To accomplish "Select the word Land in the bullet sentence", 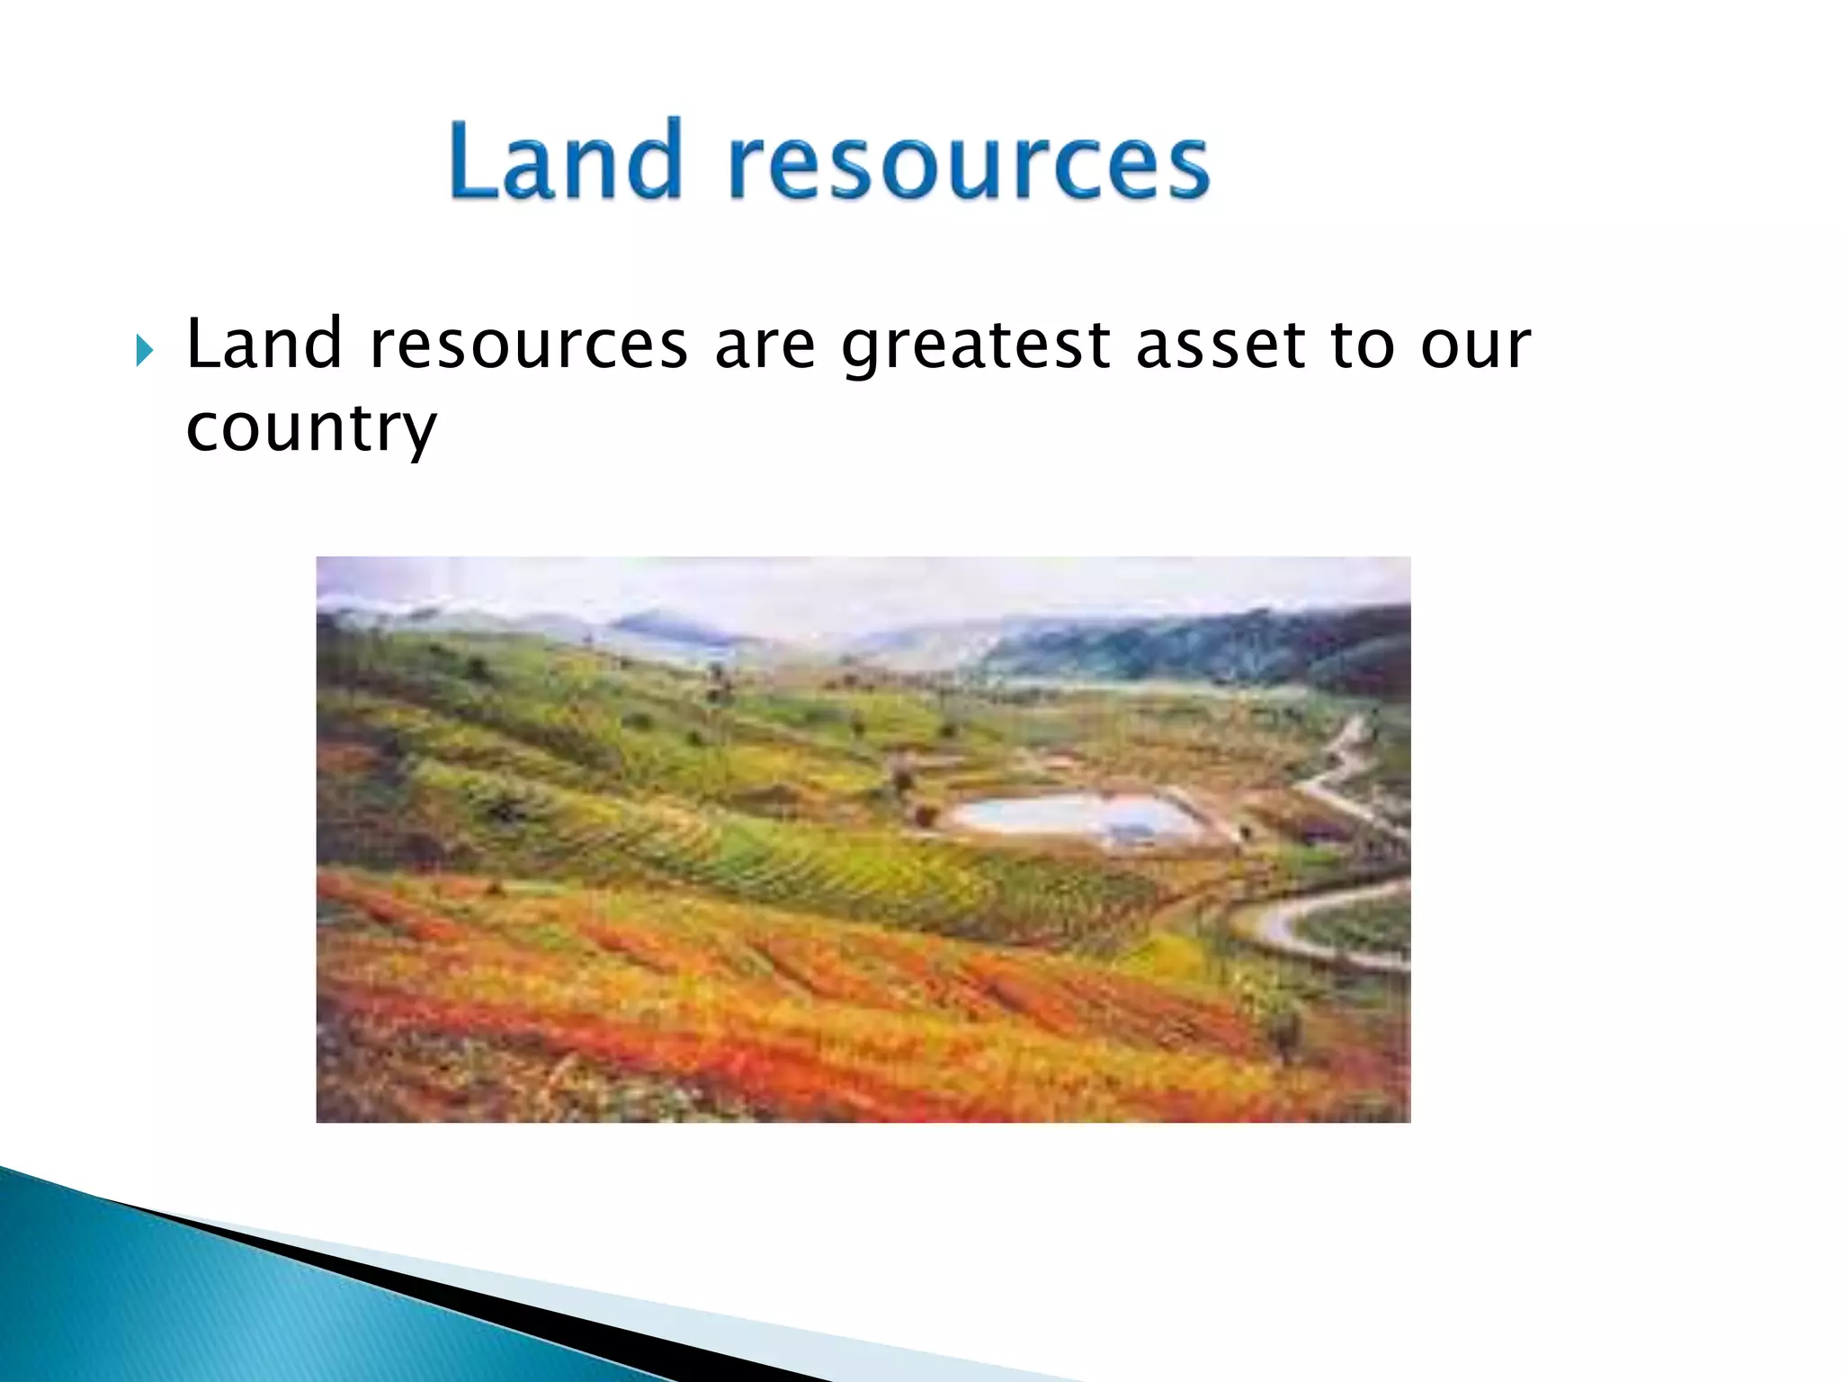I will pos(264,345).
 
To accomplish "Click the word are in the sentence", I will pos(765,346).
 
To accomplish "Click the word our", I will pos(1475,346).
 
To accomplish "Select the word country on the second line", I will pos(310,429).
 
